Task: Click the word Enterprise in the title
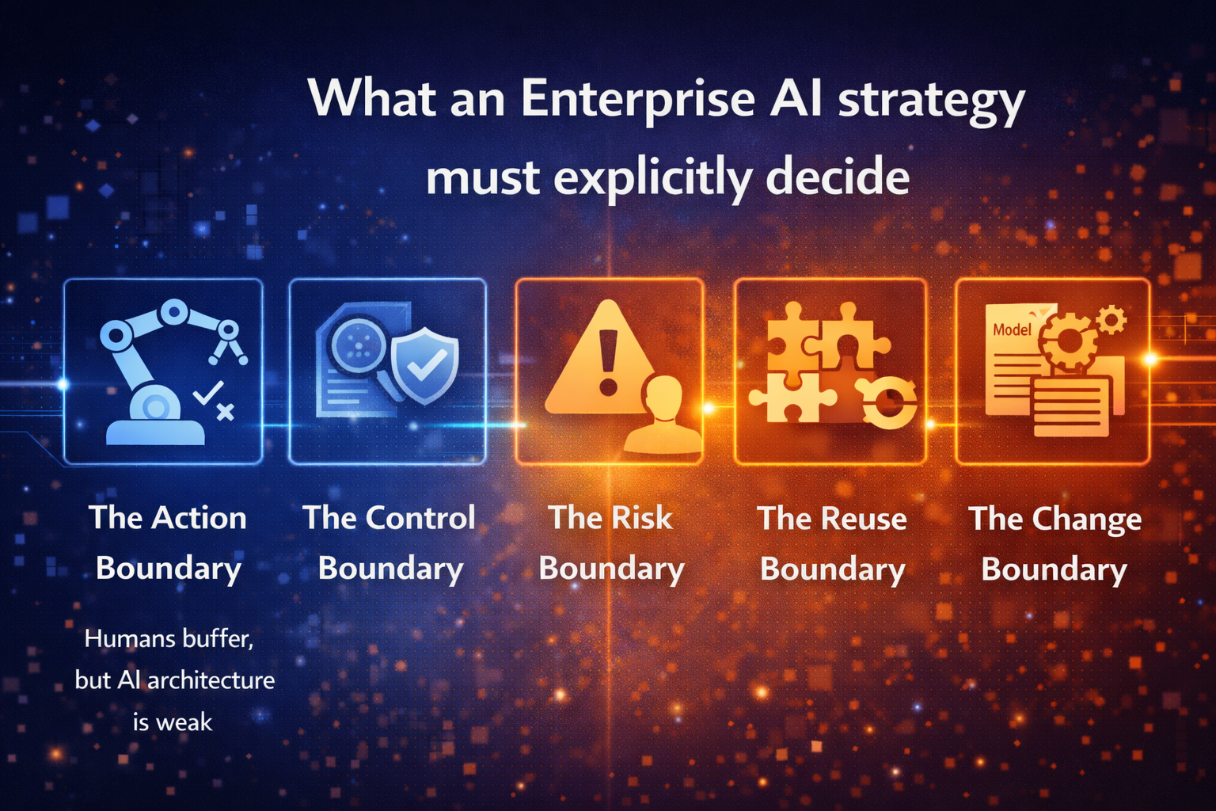(637, 98)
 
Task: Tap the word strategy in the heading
(931, 101)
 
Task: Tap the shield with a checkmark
(425, 365)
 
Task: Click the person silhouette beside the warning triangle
(663, 414)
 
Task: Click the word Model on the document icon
(1012, 329)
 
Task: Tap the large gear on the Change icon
(1068, 341)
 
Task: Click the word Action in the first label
(199, 518)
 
